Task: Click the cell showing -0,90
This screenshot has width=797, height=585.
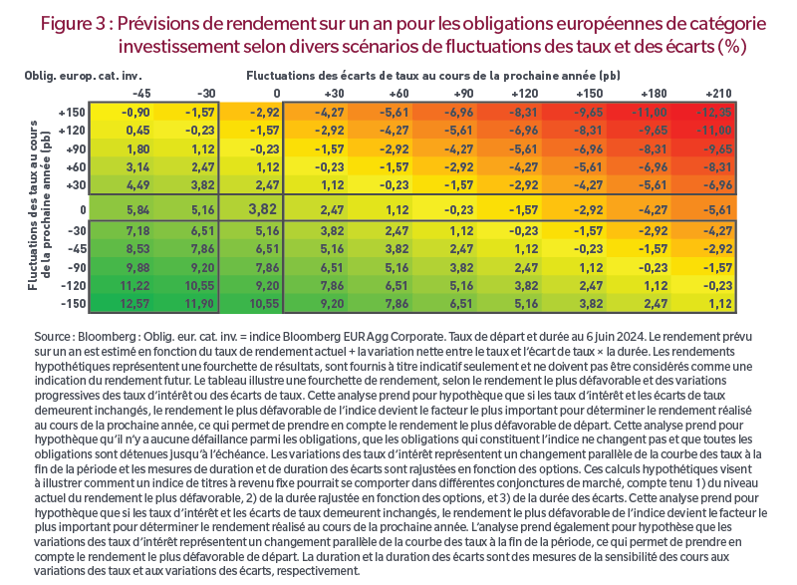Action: [x=135, y=113]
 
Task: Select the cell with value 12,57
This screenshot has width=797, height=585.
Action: [x=134, y=304]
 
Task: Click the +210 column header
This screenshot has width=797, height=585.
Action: [x=718, y=94]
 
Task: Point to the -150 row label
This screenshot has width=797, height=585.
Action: [x=73, y=304]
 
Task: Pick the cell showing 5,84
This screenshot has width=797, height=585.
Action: [x=137, y=210]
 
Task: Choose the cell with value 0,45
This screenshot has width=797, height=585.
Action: [x=137, y=131]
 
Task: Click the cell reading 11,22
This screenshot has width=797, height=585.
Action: [x=134, y=286]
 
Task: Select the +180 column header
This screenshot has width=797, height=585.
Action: [x=654, y=94]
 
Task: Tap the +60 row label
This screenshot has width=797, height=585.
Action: [x=77, y=167]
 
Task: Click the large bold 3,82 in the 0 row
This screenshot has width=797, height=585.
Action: [x=263, y=209]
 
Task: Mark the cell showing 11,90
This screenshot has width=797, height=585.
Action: [x=200, y=304]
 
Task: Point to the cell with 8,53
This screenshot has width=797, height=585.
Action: [x=137, y=249]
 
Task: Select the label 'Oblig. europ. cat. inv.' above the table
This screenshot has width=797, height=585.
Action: [x=84, y=76]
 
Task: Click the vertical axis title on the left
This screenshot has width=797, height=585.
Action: [x=39, y=205]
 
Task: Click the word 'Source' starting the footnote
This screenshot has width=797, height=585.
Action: [x=53, y=337]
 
